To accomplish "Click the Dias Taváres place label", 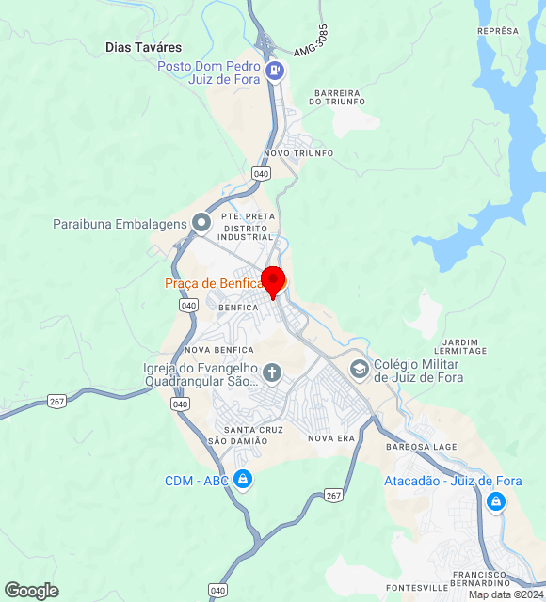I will tap(143, 47).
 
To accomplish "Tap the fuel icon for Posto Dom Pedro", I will tap(275, 70).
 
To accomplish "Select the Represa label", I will tap(498, 31).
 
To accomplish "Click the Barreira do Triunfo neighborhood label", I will tap(338, 97).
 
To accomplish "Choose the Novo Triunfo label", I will tap(298, 153).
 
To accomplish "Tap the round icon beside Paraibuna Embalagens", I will tap(201, 223).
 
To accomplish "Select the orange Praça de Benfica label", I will tap(213, 283).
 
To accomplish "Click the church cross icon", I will tap(272, 372).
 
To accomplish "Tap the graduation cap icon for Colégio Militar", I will tap(359, 369).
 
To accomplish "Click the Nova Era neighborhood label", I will tap(331, 438).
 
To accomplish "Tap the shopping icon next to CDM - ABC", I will tap(244, 480).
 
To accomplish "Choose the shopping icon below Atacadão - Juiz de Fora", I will tap(495, 502).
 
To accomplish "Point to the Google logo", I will tap(31, 591).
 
